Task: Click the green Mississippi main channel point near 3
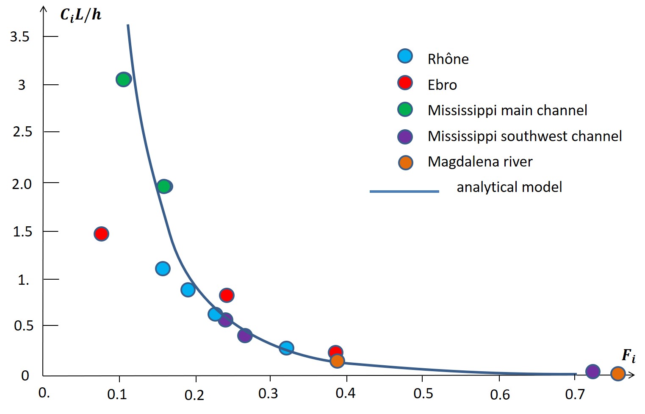(123, 79)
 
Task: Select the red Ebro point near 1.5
(101, 233)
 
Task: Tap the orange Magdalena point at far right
(618, 374)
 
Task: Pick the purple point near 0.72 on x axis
(592, 372)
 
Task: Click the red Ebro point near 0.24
(227, 295)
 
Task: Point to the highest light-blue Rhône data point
(163, 268)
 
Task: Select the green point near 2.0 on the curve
(164, 186)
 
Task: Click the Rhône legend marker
(405, 56)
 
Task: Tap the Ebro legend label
(442, 85)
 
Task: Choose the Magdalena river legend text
(480, 161)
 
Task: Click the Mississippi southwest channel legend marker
(405, 136)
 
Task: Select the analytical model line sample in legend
(404, 192)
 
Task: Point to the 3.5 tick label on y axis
(20, 37)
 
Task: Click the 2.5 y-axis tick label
(22, 132)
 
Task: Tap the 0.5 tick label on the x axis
(423, 394)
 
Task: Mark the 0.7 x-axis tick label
(575, 395)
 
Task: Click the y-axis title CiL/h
(80, 15)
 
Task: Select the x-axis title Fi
(628, 355)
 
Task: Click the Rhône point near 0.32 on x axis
(286, 348)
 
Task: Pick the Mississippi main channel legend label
(507, 110)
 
